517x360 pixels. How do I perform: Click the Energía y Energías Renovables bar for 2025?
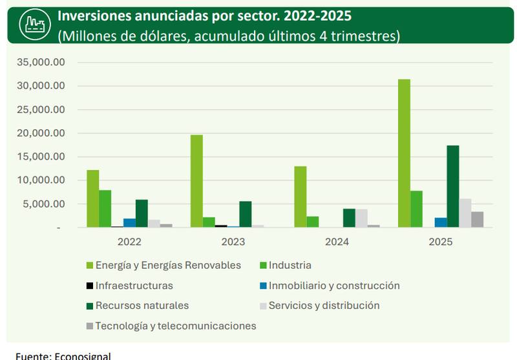point(404,153)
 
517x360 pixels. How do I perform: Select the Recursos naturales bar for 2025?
point(453,186)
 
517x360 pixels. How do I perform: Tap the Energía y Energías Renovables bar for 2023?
point(196,181)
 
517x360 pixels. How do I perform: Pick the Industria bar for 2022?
point(105,209)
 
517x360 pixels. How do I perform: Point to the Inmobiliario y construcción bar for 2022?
point(130,223)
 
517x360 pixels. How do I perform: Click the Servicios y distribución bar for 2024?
point(361,218)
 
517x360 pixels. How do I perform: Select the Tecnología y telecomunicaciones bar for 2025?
point(478,220)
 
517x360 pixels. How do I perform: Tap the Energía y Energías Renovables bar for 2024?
point(301,197)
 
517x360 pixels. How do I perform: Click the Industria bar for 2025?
point(416,209)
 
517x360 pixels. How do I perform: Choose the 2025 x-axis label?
point(441,242)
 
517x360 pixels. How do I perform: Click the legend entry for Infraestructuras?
point(134,286)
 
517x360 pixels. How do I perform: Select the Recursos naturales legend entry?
point(142,306)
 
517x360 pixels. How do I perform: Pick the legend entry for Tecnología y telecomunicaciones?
point(175,326)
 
